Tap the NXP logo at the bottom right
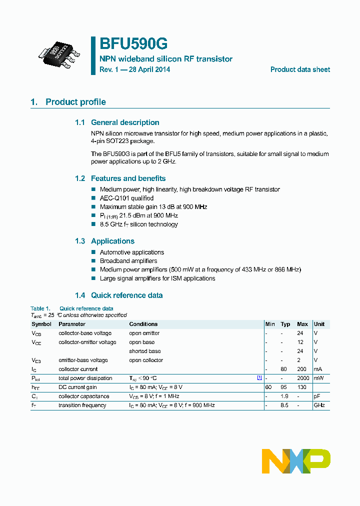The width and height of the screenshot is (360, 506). [296, 461]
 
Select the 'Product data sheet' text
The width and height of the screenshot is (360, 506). [300, 69]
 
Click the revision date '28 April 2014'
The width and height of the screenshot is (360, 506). [149, 69]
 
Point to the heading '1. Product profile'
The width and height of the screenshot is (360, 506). [68, 102]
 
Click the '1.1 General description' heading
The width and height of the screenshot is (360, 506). [117, 122]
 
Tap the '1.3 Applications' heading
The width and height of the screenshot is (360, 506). [104, 241]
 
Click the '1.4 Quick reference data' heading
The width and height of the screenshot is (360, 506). [118, 295]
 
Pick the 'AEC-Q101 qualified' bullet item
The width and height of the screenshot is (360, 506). [126, 198]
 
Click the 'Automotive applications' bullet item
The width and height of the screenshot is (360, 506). [131, 252]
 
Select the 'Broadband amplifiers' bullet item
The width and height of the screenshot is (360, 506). [128, 261]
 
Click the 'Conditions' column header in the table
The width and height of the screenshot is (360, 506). [143, 324]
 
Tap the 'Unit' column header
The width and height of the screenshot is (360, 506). [319, 324]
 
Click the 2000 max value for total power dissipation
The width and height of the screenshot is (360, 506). [302, 378]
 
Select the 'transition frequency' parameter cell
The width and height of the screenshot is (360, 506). [82, 405]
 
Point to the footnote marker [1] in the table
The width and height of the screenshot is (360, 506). [259, 378]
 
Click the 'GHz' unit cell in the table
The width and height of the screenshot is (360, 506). [319, 405]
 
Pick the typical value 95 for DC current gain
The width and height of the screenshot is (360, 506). [285, 387]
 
